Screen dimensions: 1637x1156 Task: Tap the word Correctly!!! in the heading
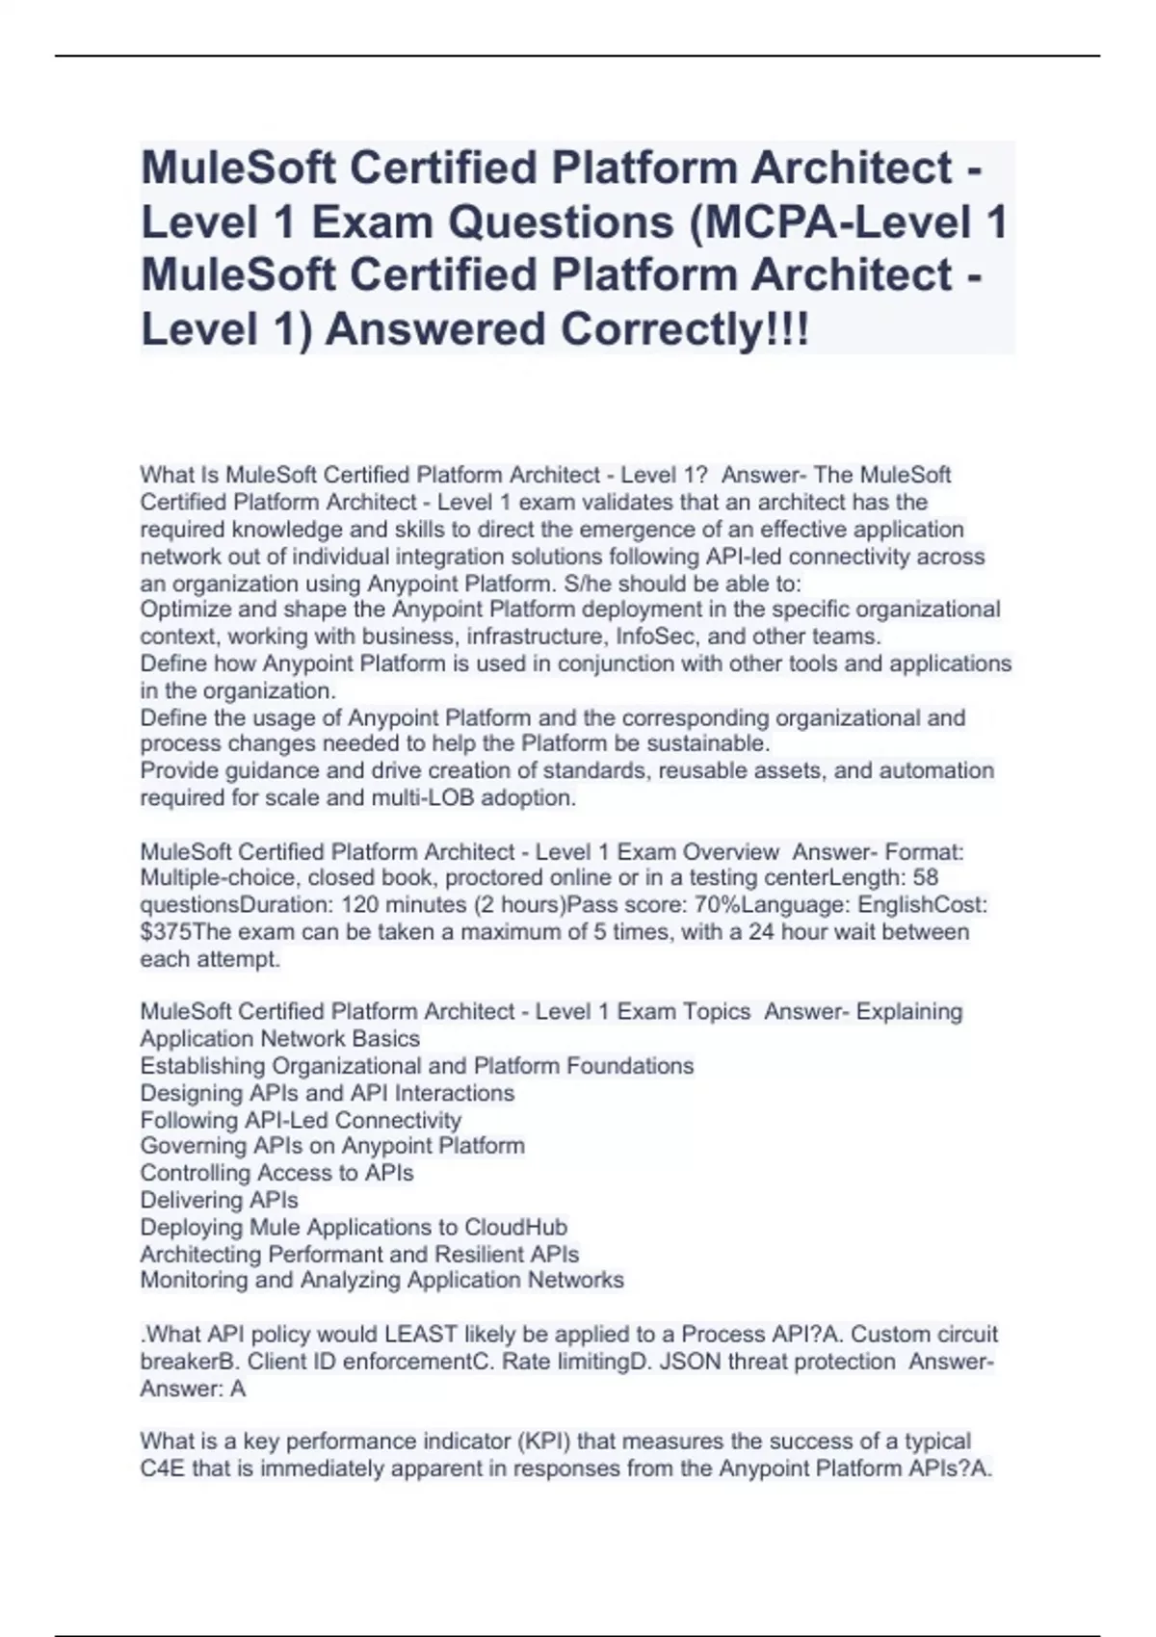click(685, 330)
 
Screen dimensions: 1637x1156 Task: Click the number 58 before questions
click(925, 878)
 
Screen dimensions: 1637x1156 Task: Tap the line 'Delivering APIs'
click(219, 1200)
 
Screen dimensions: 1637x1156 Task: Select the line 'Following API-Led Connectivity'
click(301, 1120)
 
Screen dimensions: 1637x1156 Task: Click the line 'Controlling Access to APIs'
click(276, 1173)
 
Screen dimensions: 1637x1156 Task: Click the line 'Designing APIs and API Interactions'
click(327, 1093)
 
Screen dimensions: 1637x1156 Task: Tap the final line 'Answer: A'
click(193, 1389)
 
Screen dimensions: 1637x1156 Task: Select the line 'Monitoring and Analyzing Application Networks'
click(381, 1280)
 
